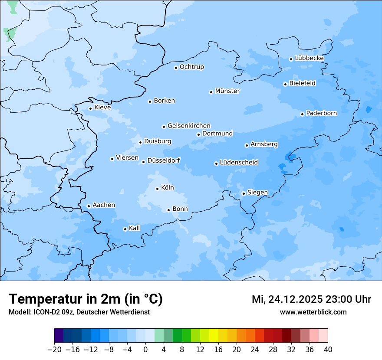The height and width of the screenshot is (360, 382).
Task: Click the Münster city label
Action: [227, 91]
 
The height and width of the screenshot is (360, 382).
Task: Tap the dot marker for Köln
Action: [157, 189]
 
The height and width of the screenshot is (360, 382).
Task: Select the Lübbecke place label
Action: [309, 58]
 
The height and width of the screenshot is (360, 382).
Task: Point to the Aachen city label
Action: [104, 205]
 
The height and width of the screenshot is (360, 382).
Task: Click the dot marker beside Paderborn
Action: [302, 114]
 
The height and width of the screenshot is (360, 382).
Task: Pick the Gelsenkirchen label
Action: [189, 126]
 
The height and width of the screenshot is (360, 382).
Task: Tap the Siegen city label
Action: [257, 193]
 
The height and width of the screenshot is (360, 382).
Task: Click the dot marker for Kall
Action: [125, 229]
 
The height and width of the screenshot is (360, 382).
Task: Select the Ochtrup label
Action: [191, 67]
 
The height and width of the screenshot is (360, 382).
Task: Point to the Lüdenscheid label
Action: [239, 163]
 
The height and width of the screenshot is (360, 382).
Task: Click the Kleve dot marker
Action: [90, 108]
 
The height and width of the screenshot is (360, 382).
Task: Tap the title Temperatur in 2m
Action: [86, 299]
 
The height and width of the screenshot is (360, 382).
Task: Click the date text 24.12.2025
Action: [295, 299]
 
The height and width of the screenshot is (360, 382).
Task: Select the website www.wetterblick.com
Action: [313, 312]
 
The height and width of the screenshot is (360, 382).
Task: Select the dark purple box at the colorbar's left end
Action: [59, 336]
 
